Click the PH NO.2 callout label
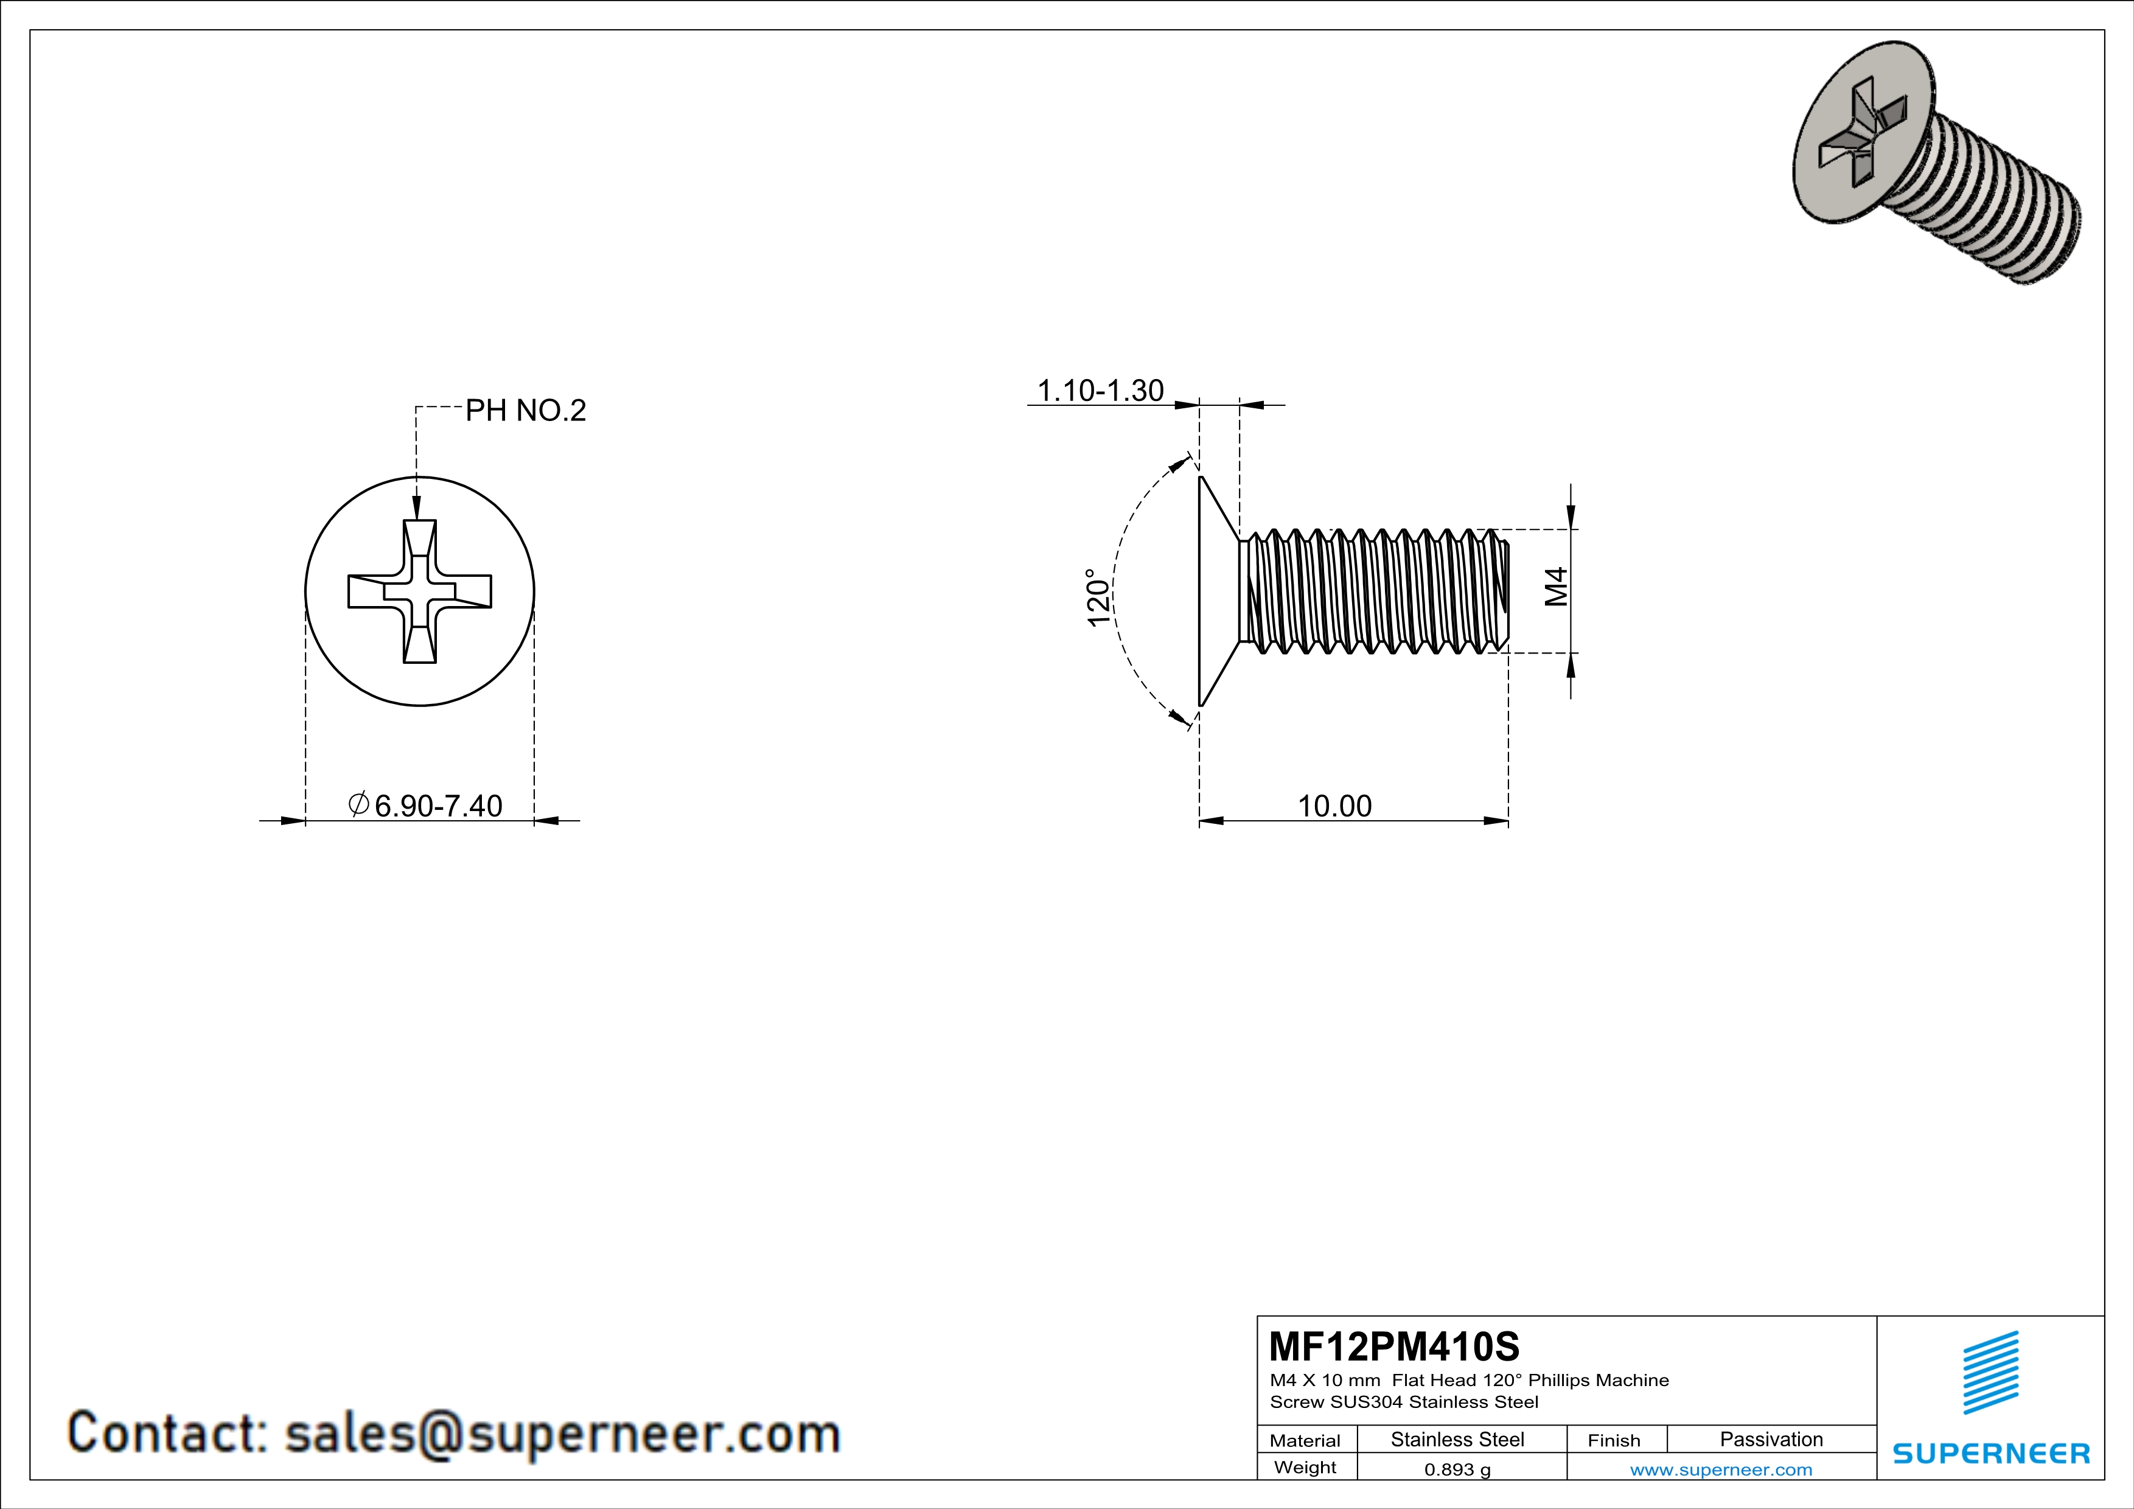(x=525, y=411)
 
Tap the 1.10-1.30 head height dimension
(x=1100, y=391)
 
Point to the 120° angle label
(x=1098, y=598)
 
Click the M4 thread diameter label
(x=1556, y=587)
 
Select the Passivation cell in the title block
(x=1771, y=1439)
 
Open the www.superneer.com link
(x=1720, y=1469)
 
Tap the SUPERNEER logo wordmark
(x=1991, y=1453)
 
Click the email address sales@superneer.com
(x=562, y=1433)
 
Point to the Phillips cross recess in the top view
(x=420, y=592)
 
